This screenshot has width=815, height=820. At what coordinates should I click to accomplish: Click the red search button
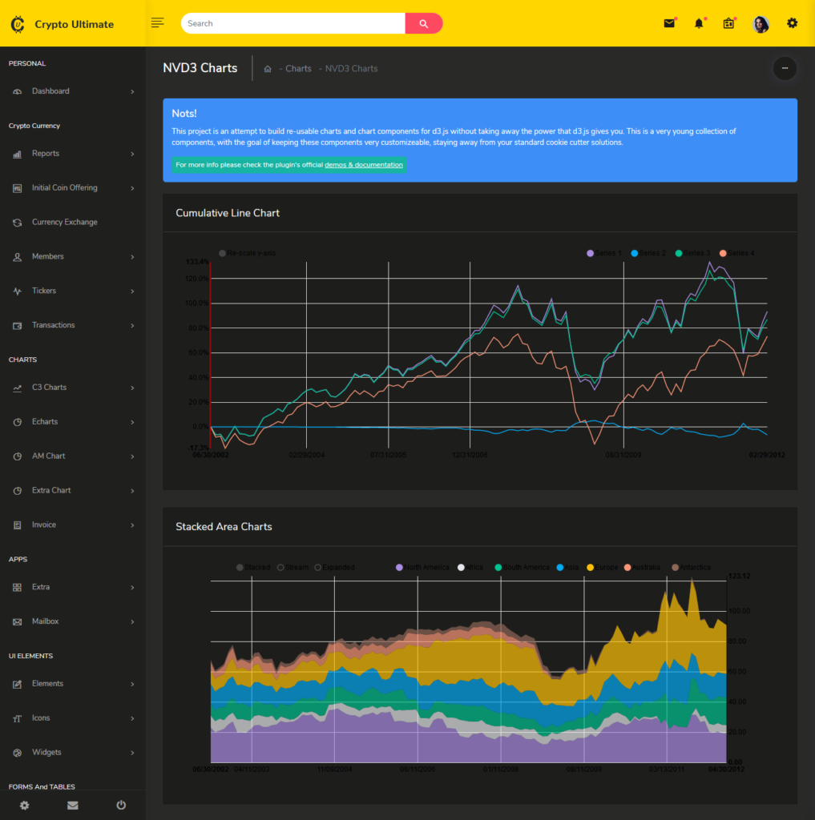coord(423,23)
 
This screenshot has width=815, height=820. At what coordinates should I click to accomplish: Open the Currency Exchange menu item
coord(64,222)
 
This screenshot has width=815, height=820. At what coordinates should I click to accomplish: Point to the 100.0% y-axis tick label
coord(197,303)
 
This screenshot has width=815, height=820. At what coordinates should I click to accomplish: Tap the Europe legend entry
coord(602,567)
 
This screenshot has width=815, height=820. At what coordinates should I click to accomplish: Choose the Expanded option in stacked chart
coord(335,567)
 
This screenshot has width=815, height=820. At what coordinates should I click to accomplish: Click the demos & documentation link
coord(364,165)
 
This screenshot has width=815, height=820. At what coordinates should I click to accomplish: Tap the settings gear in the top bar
coord(792,23)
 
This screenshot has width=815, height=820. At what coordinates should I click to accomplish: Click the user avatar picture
coord(761,24)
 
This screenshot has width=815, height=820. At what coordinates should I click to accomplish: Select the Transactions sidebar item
coord(53,325)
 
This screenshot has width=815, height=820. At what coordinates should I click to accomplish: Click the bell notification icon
coord(699,23)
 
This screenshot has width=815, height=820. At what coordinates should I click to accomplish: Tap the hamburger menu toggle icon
coord(157,23)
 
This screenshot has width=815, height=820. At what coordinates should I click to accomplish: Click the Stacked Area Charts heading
coord(224,527)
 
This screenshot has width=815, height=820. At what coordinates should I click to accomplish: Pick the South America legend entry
coord(522,567)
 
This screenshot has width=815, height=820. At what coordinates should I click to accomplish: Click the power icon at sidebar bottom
coord(121,805)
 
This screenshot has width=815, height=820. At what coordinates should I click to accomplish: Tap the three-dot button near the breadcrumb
coord(785,69)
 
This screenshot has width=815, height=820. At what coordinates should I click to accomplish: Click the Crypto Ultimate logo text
coord(74,24)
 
